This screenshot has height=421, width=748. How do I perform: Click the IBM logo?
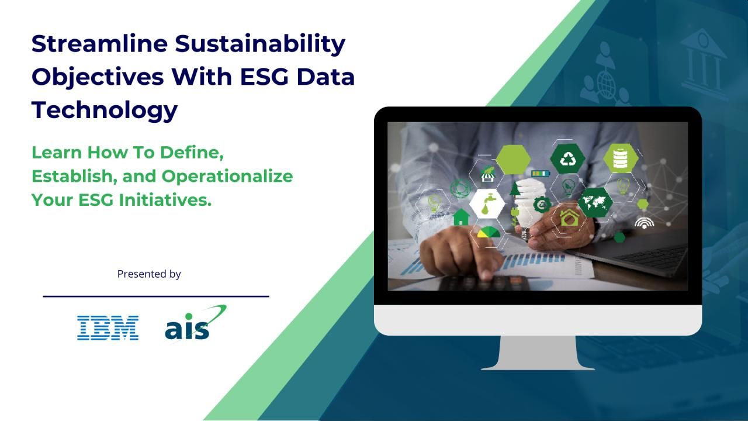pyautogui.click(x=108, y=328)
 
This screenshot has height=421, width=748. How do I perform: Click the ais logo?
pyautogui.click(x=195, y=322)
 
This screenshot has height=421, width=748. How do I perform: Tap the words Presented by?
pyautogui.click(x=149, y=274)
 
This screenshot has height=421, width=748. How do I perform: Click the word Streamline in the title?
pyautogui.click(x=99, y=44)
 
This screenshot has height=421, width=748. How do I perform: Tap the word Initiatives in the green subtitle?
pyautogui.click(x=165, y=200)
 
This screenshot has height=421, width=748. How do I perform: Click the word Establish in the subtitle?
pyautogui.click(x=74, y=176)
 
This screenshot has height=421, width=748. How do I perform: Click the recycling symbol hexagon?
pyautogui.click(x=567, y=159)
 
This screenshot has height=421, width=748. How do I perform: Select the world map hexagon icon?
pyautogui.click(x=595, y=202)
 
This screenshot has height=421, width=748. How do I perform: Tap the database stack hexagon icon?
pyautogui.click(x=621, y=158)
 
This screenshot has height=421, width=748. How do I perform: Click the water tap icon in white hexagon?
pyautogui.click(x=487, y=204)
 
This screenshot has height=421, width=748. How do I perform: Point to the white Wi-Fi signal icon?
pyautogui.click(x=645, y=223)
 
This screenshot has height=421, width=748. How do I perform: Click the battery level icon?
pyautogui.click(x=541, y=174)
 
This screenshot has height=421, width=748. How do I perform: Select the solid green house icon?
pyautogui.click(x=461, y=217)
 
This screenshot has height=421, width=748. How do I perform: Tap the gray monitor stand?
pyautogui.click(x=538, y=353)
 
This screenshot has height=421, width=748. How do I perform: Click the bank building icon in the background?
pyautogui.click(x=703, y=62)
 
